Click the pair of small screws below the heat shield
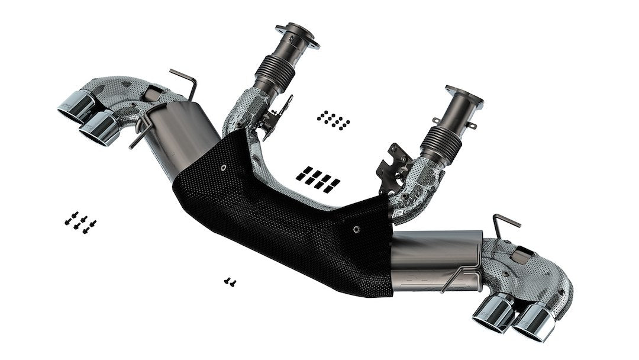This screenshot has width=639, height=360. pyautogui.click(x=230, y=282)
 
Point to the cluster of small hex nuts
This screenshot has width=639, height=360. pyautogui.click(x=333, y=119)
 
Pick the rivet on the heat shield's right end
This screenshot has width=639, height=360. pyautogui.click(x=356, y=229)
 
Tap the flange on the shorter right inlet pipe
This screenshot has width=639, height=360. pyautogui.click(x=464, y=97)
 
